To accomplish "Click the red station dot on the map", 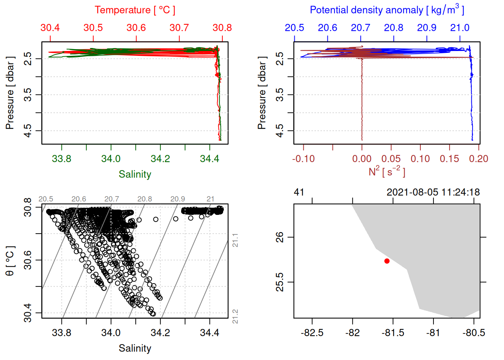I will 387,261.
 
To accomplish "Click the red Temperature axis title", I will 135,10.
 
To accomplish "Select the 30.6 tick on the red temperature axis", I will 136,28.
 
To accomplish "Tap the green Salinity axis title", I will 135,174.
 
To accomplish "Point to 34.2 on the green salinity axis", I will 160,159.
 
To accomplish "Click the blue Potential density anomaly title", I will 387,10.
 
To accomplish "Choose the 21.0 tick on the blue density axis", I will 460,28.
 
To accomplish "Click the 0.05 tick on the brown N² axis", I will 391,159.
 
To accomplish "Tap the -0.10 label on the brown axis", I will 303,159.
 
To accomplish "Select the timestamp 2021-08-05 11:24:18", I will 433,192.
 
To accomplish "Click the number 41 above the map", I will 299,192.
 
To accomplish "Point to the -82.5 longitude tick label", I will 312,333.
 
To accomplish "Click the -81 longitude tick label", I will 433,333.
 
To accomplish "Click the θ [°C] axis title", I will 10,261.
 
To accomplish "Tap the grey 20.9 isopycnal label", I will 177,199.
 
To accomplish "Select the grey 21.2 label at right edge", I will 235,316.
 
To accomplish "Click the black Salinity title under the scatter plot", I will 135,348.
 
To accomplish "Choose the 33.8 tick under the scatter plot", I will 61,333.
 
